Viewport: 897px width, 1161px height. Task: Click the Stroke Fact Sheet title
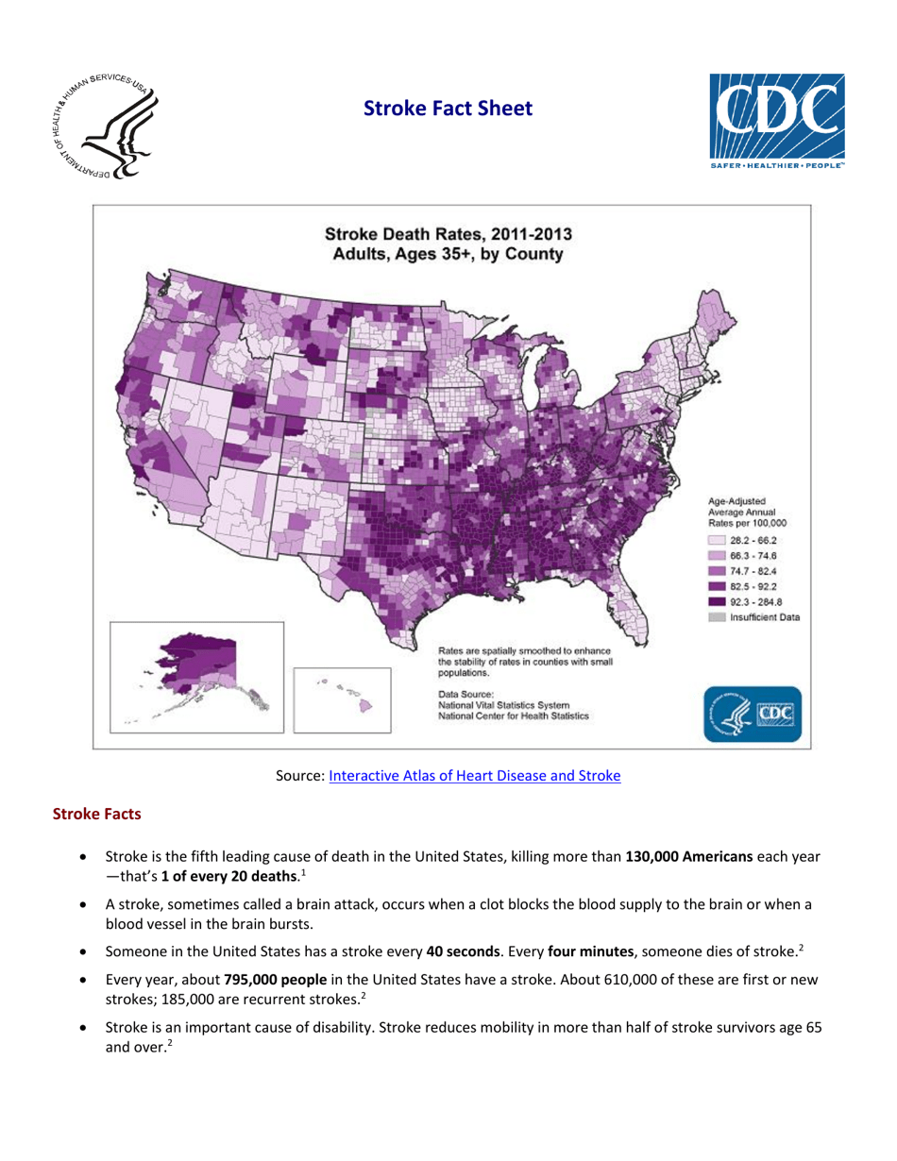pyautogui.click(x=448, y=109)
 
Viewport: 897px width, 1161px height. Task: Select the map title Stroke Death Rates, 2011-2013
pyautogui.click(x=447, y=234)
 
